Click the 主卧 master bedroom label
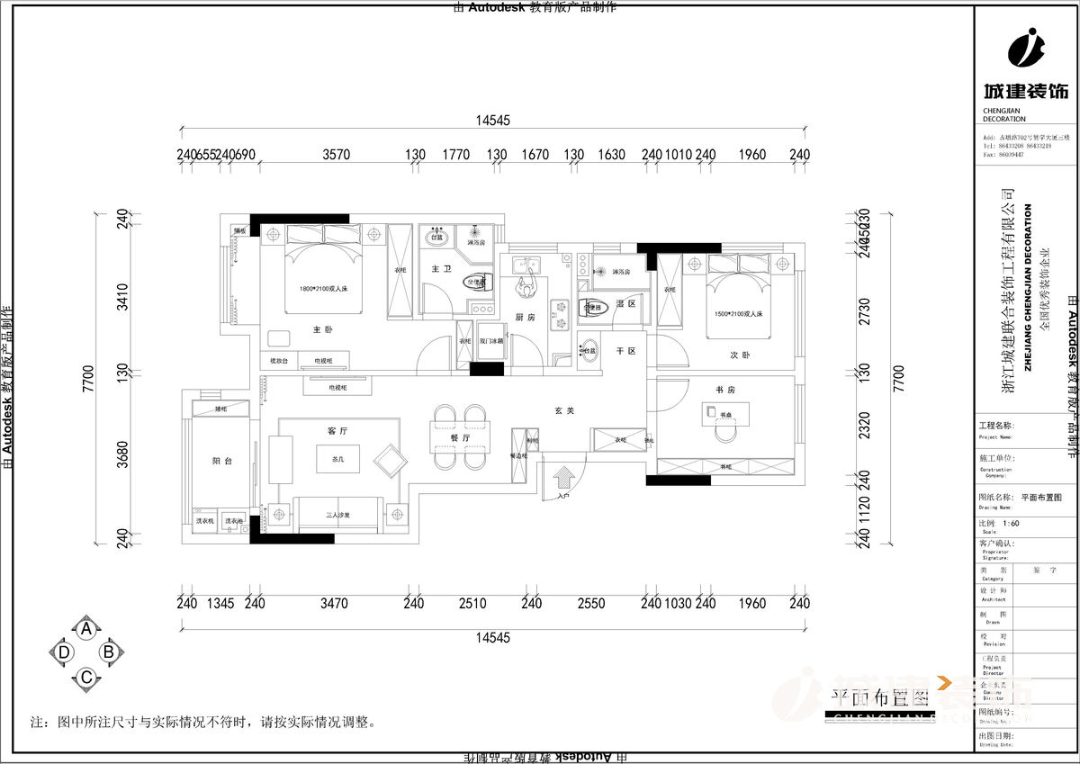[x=322, y=330]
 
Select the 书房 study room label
[x=726, y=390]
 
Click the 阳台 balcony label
[x=222, y=461]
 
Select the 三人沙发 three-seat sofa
[x=337, y=515]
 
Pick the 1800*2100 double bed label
[x=325, y=289]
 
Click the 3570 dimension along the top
[x=336, y=155]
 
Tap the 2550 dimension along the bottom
[x=590, y=604]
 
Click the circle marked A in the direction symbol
[x=86, y=629]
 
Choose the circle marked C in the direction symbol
[x=86, y=677]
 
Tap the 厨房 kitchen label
[x=526, y=318]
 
